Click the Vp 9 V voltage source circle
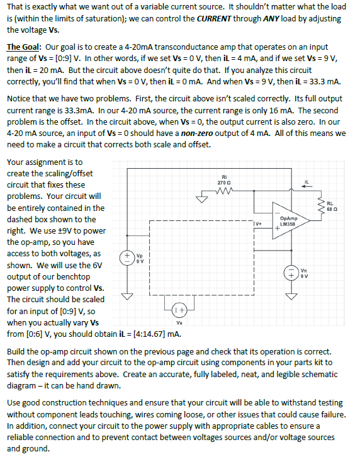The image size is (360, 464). click(126, 259)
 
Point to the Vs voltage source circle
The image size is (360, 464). click(178, 309)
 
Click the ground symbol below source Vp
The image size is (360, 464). click(126, 296)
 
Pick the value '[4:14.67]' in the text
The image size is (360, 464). click(155, 333)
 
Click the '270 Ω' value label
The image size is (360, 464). click(224, 182)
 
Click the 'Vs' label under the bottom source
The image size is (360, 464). click(178, 322)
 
